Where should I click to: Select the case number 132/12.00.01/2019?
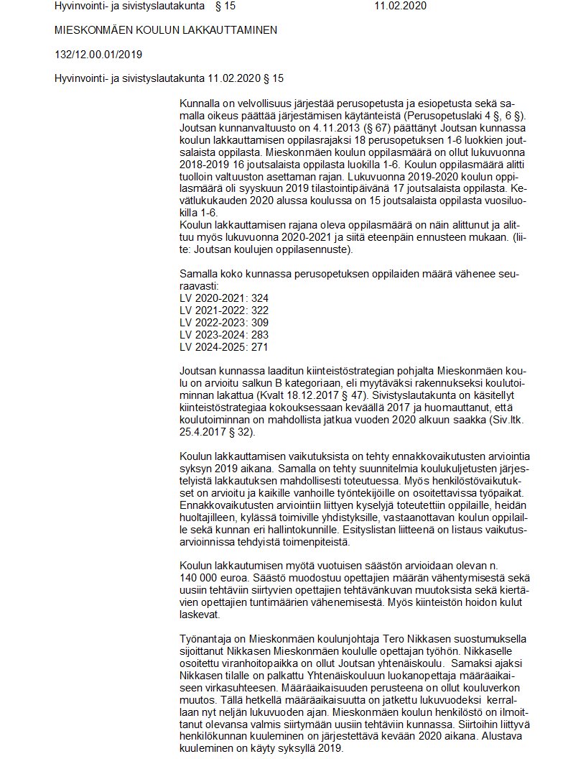pyautogui.click(x=98, y=54)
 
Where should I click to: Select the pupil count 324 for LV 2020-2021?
pyautogui.click(x=259, y=297)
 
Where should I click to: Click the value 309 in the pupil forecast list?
pyautogui.click(x=259, y=322)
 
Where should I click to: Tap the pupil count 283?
pyautogui.click(x=259, y=334)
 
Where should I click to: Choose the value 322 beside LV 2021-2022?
pyautogui.click(x=259, y=310)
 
